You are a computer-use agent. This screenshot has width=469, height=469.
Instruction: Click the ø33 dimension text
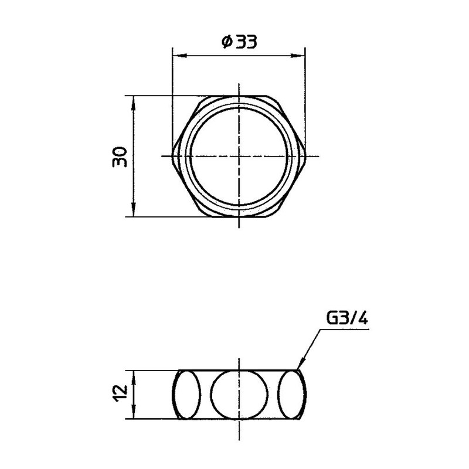pos(239,43)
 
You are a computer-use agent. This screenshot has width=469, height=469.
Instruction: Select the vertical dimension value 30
pos(121,157)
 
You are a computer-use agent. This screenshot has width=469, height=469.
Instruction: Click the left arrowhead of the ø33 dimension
pos(176,56)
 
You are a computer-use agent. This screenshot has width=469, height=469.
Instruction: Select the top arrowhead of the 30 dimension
pos(134,100)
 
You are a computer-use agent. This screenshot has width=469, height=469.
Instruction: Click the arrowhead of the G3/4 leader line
pos(299,367)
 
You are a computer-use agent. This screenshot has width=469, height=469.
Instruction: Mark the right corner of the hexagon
pos(306,156)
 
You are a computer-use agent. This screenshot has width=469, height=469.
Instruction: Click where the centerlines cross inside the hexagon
pos(239,156)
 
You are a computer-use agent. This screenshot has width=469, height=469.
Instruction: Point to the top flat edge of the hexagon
pos(239,96)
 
